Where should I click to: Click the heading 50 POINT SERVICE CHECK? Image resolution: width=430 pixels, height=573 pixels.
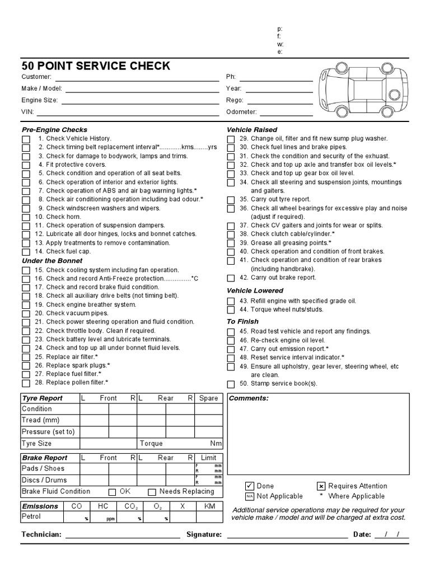point(96,66)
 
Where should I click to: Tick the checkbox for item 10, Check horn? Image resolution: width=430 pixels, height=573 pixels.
point(26,217)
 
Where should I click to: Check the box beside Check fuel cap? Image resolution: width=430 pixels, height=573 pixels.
point(26,252)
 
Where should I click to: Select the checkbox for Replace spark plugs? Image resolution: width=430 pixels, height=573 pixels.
point(26,366)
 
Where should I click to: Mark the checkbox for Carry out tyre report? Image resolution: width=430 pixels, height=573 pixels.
point(231,200)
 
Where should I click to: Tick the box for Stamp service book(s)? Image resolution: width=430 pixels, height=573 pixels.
point(231,384)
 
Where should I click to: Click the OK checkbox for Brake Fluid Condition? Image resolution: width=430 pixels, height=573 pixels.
point(112,492)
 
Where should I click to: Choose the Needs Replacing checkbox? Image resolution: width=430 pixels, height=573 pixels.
point(152,492)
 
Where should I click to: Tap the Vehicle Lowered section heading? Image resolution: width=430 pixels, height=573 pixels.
point(255,291)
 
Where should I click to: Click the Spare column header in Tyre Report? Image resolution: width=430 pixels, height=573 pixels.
point(208,398)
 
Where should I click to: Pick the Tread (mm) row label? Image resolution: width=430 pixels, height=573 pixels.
point(40,420)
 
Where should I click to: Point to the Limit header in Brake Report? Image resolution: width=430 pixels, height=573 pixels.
point(208,458)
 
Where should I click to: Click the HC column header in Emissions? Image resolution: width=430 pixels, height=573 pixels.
point(103,506)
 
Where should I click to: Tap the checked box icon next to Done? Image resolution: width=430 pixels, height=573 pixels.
point(250,486)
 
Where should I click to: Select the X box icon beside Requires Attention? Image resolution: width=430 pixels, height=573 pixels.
point(321,486)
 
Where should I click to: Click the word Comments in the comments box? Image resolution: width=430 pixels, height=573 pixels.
point(249,398)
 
